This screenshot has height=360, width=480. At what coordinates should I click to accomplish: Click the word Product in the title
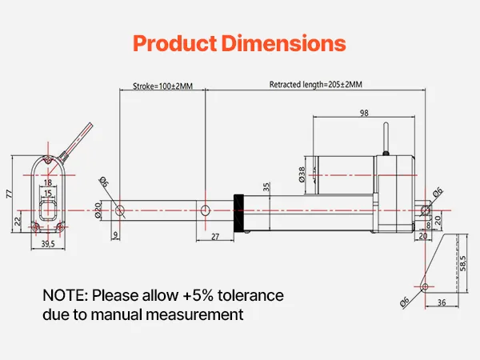pyautogui.click(x=175, y=43)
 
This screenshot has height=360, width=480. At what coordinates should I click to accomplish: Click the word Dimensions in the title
pyautogui.click(x=284, y=43)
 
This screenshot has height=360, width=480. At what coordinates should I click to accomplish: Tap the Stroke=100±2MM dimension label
pyautogui.click(x=163, y=86)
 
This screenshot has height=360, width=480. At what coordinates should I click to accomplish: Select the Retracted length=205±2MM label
pyautogui.click(x=316, y=85)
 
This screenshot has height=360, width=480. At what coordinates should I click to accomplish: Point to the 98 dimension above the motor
pyautogui.click(x=364, y=114)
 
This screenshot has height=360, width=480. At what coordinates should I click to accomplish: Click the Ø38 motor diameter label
pyautogui.click(x=302, y=174)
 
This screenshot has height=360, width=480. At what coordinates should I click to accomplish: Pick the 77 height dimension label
pyautogui.click(x=9, y=194)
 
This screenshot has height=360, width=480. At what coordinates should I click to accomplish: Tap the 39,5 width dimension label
pyautogui.click(x=48, y=244)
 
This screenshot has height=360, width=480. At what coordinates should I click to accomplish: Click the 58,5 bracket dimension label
pyautogui.click(x=463, y=263)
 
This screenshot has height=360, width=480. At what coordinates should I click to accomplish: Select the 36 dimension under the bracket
pyautogui.click(x=442, y=302)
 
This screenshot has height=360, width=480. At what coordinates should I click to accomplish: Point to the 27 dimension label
pyautogui.click(x=215, y=237)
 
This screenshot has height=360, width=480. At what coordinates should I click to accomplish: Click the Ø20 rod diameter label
pyautogui.click(x=98, y=210)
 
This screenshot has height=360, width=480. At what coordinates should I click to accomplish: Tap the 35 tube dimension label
pyautogui.click(x=266, y=186)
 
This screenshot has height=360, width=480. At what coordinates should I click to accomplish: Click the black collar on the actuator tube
pyautogui.click(x=238, y=213)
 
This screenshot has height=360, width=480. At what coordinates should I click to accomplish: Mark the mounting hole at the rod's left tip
pyautogui.click(x=120, y=210)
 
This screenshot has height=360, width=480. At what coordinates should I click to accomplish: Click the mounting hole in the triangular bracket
pyautogui.click(x=426, y=286)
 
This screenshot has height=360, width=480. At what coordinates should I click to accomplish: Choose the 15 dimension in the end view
pyautogui.click(x=48, y=193)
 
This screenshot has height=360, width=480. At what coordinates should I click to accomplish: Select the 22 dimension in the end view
pyautogui.click(x=18, y=221)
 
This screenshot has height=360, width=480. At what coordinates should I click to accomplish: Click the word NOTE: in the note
pyautogui.click(x=66, y=295)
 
